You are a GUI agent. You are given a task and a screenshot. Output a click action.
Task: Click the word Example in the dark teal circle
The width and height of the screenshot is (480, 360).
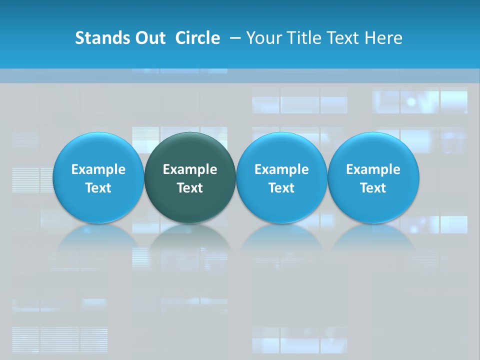tap(190, 169)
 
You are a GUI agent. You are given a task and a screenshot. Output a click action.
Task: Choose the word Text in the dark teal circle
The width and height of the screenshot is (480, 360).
tap(190, 188)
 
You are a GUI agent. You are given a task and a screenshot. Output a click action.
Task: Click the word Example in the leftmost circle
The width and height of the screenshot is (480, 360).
tap(98, 169)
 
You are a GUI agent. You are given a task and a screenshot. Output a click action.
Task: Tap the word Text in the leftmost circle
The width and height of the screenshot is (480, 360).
tap(98, 188)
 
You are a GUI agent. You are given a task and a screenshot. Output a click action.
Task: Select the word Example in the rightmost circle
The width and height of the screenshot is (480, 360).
tap(373, 169)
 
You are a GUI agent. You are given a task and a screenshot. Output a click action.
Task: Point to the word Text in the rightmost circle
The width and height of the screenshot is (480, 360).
tap(373, 188)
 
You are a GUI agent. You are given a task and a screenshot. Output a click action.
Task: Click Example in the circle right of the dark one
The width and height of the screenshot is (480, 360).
tap(281, 169)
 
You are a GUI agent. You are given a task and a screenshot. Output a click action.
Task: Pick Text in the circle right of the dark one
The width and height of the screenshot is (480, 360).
tap(281, 188)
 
